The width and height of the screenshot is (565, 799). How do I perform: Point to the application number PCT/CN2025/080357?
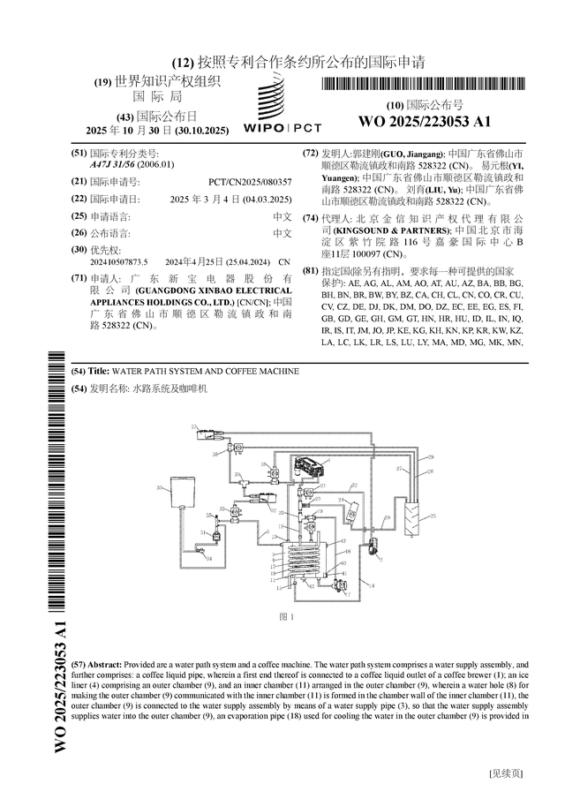250,181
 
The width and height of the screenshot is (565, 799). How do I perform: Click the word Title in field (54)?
99,372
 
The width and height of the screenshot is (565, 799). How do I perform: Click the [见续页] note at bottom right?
507,774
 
